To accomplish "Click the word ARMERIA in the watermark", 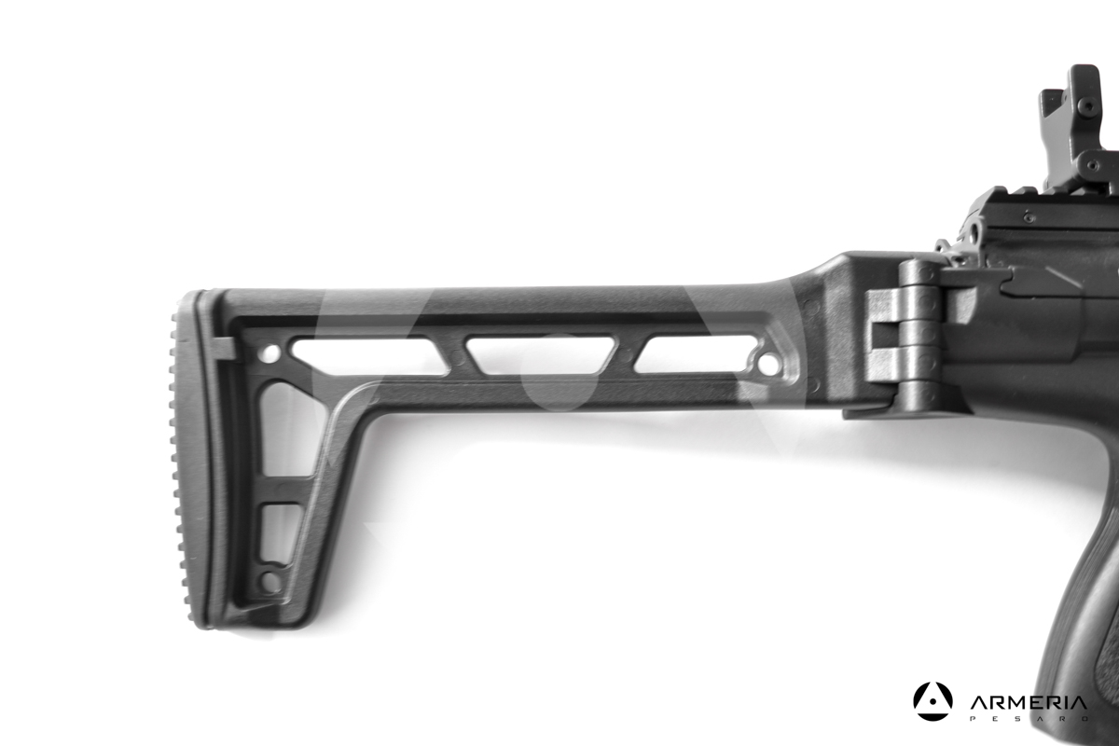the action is click(x=1028, y=703).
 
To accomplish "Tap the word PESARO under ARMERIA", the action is click(x=1028, y=719).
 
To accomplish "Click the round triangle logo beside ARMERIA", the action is click(x=932, y=701).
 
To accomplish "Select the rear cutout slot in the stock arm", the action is click(x=369, y=357).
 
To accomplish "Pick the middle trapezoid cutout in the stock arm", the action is click(x=542, y=355).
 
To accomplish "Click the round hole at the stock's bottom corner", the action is click(x=270, y=582).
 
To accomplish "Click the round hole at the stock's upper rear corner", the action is click(x=270, y=353).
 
